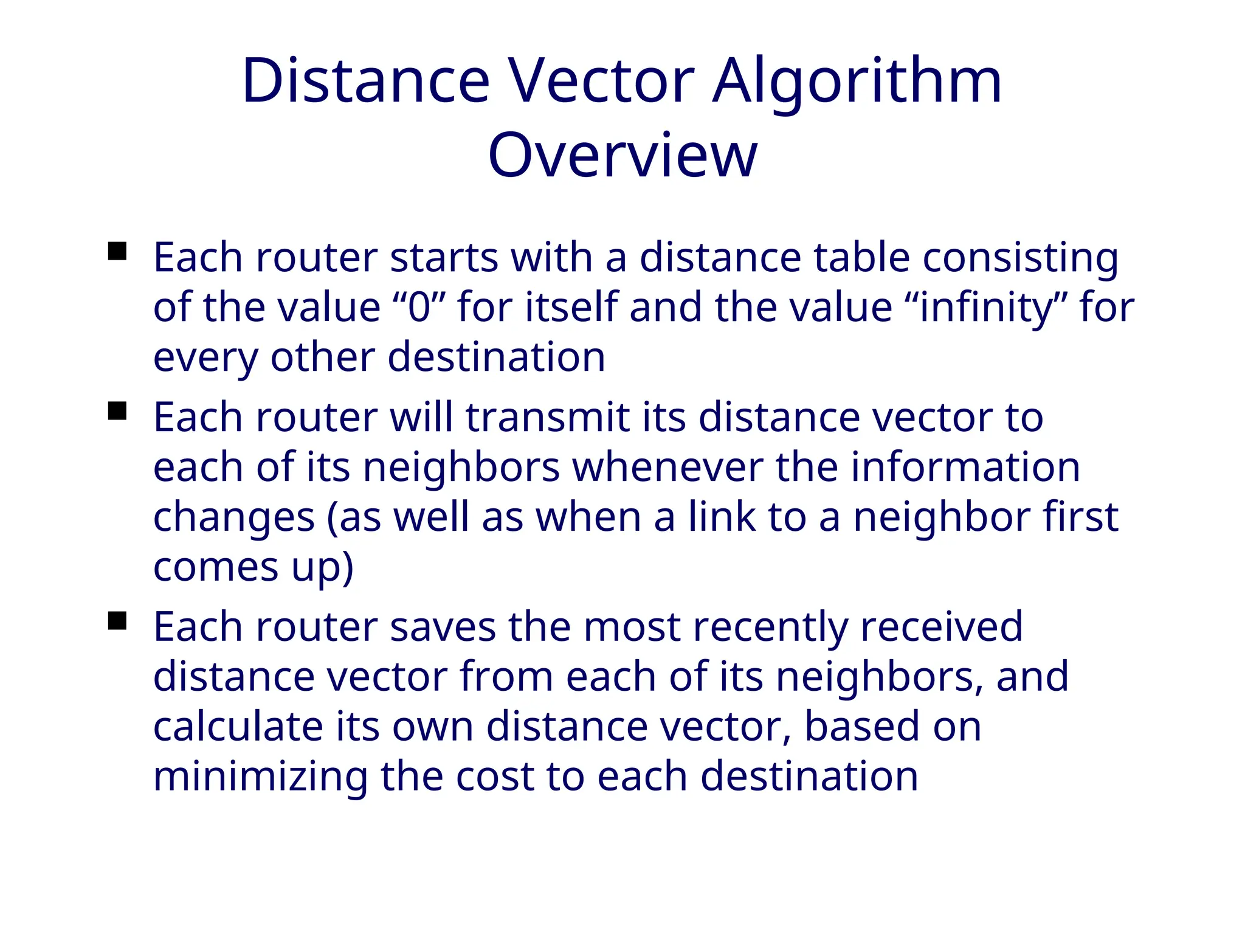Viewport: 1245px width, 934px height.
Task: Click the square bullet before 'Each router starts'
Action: click(x=117, y=251)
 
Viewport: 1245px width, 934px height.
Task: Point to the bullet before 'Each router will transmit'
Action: click(x=117, y=411)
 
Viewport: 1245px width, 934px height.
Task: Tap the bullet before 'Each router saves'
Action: click(x=117, y=621)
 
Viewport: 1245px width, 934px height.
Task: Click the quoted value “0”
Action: click(x=418, y=307)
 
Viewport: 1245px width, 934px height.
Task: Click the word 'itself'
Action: click(x=571, y=307)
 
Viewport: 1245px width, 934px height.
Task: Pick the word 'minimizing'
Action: click(x=260, y=778)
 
